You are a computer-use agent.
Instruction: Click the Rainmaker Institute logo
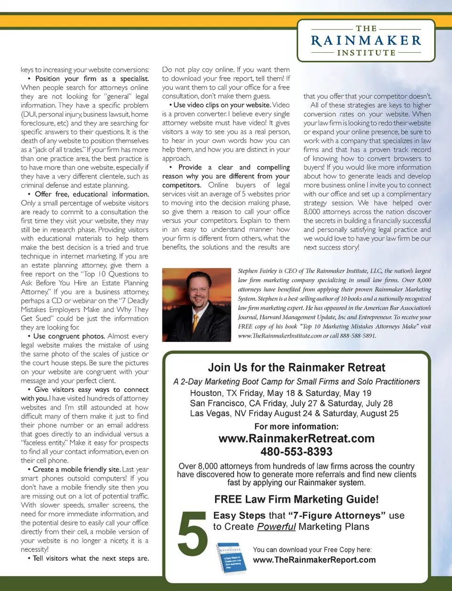(366, 41)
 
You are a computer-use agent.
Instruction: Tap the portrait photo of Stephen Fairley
(196, 305)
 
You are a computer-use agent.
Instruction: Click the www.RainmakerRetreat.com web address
(296, 438)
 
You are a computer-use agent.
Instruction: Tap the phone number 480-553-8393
(296, 452)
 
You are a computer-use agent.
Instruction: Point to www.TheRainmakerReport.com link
(314, 560)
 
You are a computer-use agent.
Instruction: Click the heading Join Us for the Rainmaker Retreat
(296, 368)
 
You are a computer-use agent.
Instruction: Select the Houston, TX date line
(281, 393)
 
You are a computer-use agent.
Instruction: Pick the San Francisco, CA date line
(291, 403)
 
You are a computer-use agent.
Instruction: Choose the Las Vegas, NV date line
(294, 413)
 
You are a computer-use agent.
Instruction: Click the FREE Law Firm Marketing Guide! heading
(296, 499)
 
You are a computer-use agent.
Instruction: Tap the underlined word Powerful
(276, 526)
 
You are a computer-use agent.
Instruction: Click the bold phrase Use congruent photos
(69, 336)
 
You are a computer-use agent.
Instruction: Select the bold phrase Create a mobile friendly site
(76, 470)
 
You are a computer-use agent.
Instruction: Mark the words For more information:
(296, 427)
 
